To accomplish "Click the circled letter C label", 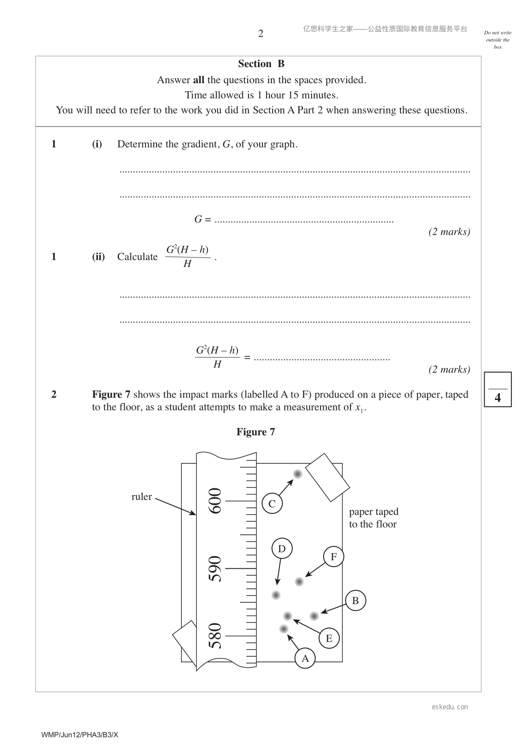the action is [272, 503].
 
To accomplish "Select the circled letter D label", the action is [282, 548].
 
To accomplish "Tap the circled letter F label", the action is [334, 556].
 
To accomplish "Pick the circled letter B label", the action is [355, 601].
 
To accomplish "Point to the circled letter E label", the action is [329, 638].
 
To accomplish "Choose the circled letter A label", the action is [305, 658].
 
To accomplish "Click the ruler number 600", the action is [215, 501].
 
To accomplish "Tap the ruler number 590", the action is [215, 568].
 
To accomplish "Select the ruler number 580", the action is [215, 636].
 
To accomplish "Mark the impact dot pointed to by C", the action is [297, 474].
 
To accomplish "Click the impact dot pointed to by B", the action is [314, 616].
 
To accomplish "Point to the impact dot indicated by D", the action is [276, 595].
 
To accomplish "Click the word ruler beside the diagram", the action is [141, 496].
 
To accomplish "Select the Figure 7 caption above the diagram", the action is [256, 431].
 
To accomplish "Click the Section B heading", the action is [261, 63].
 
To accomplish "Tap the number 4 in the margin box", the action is [498, 398].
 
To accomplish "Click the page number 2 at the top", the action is [261, 34].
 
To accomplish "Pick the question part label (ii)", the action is [98, 257].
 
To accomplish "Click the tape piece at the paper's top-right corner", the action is [327, 478].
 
